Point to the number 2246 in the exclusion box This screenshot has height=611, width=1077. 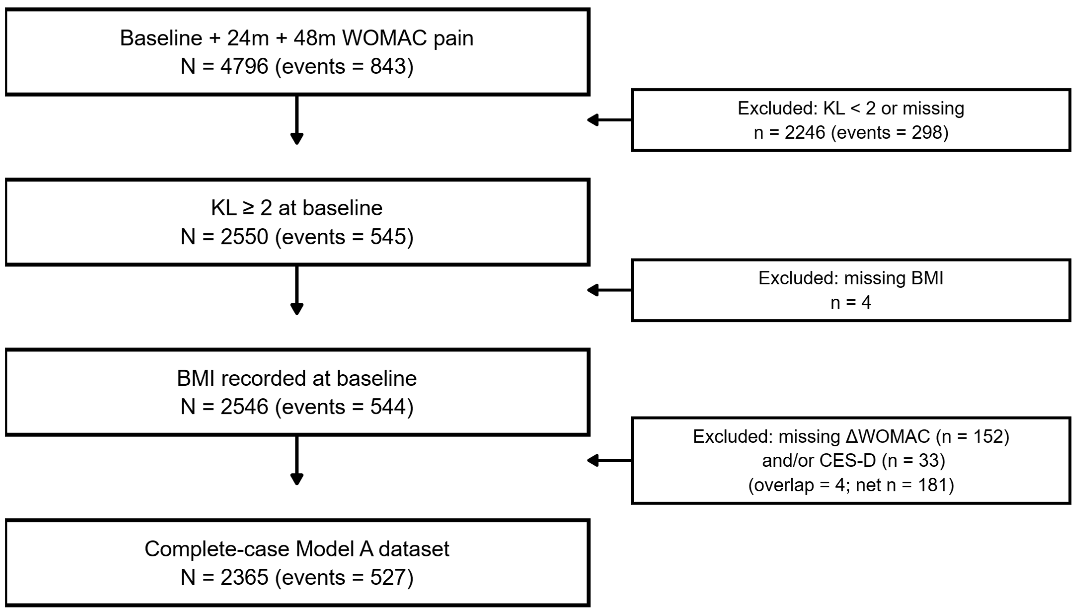(x=805, y=133)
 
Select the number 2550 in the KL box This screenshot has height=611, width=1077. (x=244, y=237)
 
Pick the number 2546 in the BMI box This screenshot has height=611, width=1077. (x=244, y=407)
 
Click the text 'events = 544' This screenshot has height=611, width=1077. (x=344, y=407)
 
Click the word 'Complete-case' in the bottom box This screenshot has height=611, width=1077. (x=217, y=549)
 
